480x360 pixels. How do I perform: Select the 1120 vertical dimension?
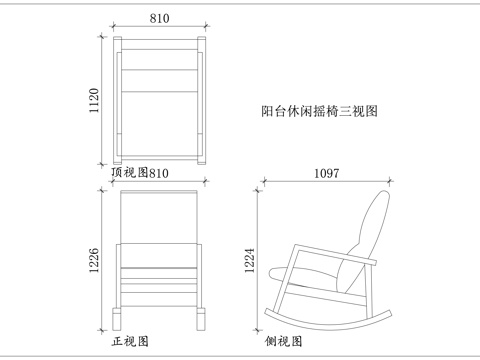coord(94,98)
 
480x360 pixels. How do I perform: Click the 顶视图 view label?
coord(129,172)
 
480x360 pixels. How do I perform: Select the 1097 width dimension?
coord(327,172)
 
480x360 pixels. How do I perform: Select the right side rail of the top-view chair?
coord(201,100)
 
